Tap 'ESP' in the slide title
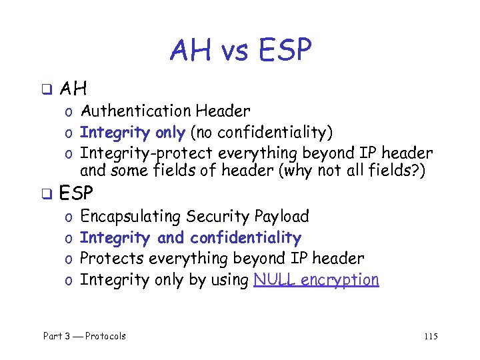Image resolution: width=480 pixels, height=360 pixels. (283, 50)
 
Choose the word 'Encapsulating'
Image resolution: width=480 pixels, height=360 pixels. (131, 217)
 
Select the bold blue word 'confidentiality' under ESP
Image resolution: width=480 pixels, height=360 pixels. (245, 238)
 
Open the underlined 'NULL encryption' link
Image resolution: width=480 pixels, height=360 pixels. (317, 280)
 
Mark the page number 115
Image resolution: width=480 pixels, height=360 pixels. (430, 336)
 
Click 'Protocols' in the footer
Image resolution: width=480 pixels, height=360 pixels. (105, 336)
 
